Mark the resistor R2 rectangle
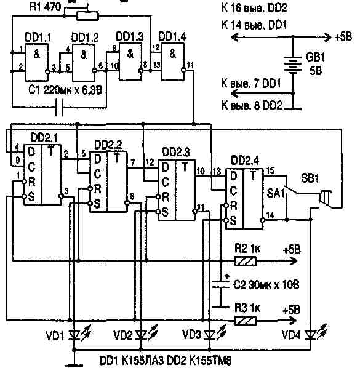click(246, 260)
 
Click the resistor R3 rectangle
click(246, 320)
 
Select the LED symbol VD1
click(74, 335)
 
